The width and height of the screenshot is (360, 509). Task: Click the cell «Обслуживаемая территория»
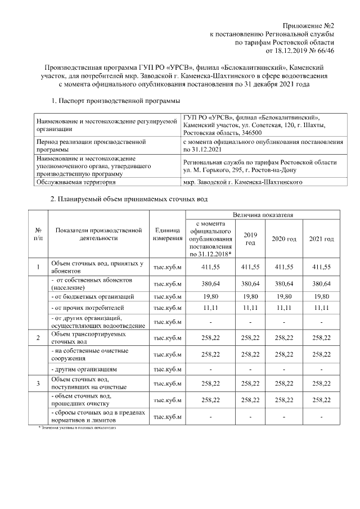click(x=71, y=182)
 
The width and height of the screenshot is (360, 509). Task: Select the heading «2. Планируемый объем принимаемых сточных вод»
click(x=129, y=200)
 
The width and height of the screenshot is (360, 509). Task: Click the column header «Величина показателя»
click(x=262, y=214)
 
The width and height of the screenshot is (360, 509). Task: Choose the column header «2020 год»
click(x=283, y=239)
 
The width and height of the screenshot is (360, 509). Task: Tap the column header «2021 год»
click(x=321, y=239)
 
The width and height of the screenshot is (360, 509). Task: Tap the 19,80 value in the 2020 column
click(x=283, y=296)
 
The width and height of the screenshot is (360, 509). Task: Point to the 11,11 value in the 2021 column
click(x=321, y=309)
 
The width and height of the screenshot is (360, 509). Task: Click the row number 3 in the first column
click(x=38, y=384)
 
